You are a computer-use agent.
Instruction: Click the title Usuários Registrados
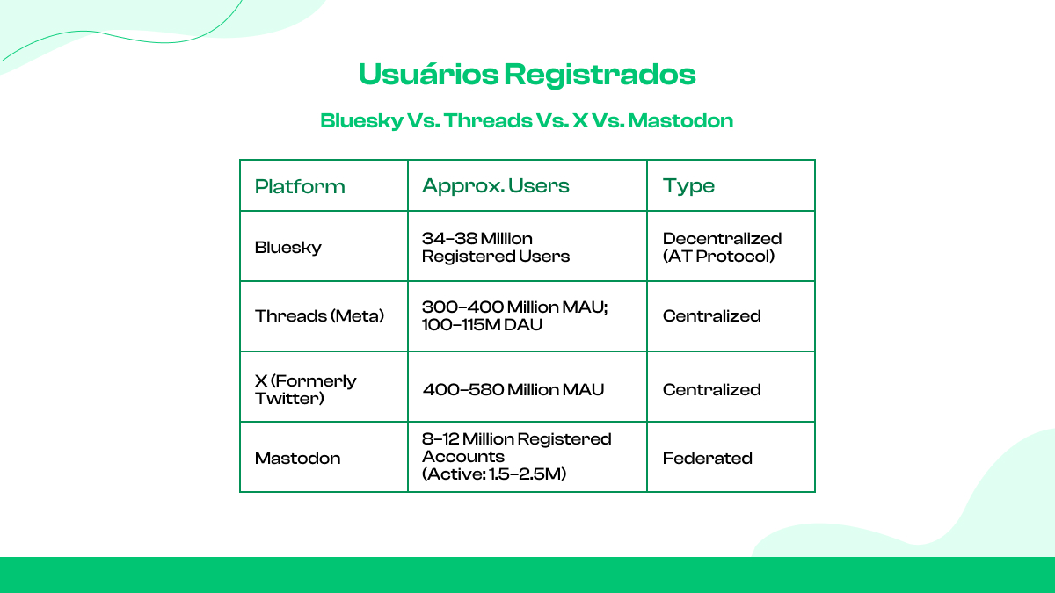point(527,75)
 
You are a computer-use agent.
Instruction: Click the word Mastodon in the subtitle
point(680,120)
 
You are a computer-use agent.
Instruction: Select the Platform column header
point(300,186)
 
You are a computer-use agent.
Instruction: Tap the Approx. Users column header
point(496,185)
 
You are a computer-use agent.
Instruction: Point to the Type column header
point(688,185)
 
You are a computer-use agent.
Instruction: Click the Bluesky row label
point(288,247)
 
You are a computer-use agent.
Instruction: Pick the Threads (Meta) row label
point(320,315)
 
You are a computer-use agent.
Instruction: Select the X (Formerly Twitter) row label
point(305,389)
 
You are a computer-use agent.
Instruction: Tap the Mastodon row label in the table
point(297,458)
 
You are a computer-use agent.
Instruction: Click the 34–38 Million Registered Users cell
point(496,247)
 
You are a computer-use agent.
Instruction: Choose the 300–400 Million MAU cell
point(514,307)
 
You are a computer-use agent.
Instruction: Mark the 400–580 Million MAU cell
point(513,389)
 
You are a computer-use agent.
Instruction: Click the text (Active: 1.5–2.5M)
point(494,474)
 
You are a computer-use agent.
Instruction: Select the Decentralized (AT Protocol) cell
point(722,247)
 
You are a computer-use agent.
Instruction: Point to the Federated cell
point(708,458)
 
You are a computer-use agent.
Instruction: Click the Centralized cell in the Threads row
point(712,315)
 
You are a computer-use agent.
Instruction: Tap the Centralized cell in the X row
point(712,389)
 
